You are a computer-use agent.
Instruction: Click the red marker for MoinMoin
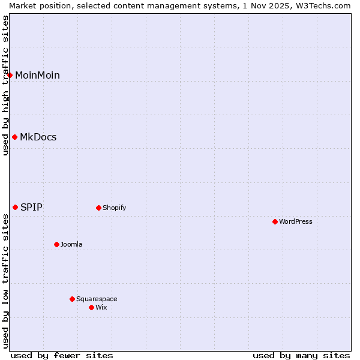coord(10,75)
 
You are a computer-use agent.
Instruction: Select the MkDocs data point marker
coord(14,137)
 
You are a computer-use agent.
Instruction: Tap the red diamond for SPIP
coord(16,207)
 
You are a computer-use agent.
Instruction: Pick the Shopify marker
coord(98,208)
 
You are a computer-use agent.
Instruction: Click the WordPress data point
coord(275,221)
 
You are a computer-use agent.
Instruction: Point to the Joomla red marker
coord(56,244)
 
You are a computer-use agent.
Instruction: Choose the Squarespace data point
coord(72,299)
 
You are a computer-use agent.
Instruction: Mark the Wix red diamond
coord(91,307)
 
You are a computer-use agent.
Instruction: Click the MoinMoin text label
coord(37,76)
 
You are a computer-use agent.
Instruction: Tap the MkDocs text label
coord(38,137)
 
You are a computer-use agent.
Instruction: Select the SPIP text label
coord(31,208)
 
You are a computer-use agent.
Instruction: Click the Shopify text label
coord(114,208)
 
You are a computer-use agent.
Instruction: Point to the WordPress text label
coord(295,222)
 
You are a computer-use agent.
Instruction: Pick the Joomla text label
coord(71,245)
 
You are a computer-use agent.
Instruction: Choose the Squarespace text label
coord(97,299)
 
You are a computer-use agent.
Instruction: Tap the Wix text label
coord(101,308)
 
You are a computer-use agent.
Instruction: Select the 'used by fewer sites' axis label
coord(62,355)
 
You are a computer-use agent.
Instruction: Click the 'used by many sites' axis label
coord(301,355)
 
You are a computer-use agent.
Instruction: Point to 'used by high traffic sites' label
coord(5,85)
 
